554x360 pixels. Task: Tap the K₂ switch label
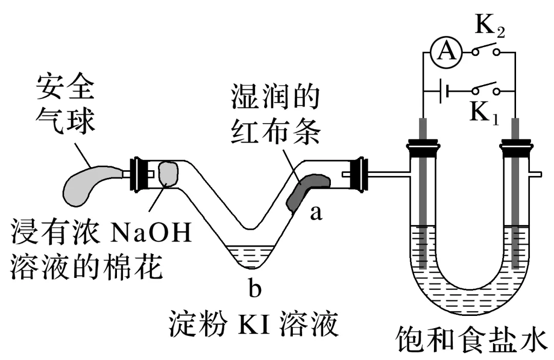[489, 28]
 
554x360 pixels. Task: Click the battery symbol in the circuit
[444, 92]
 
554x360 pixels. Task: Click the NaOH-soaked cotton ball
[168, 173]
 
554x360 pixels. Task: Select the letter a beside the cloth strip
[316, 213]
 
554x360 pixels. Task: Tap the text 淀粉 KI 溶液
[254, 322]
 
